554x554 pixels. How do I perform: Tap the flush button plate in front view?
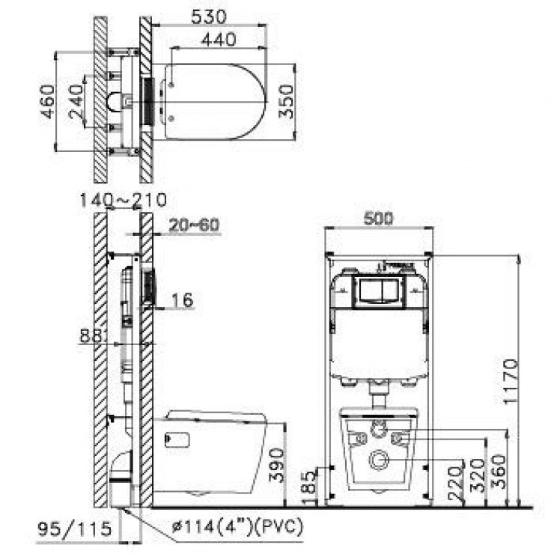tap(379, 290)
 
